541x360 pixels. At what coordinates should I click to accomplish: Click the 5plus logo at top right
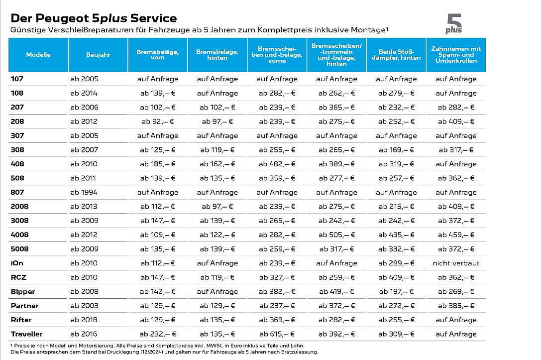tap(454, 24)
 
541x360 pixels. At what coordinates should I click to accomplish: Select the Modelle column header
tap(38, 55)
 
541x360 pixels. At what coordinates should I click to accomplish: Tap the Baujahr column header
tap(98, 55)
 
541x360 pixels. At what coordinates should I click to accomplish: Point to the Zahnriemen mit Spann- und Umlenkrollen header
tap(456, 55)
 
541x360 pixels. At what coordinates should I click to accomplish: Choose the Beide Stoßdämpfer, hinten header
tap(396, 55)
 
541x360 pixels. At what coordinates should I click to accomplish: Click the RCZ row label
tap(18, 277)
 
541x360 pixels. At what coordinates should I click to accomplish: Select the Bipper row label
tap(23, 292)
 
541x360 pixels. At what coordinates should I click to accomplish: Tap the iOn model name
tap(17, 263)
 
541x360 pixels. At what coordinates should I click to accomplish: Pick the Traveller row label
tap(26, 334)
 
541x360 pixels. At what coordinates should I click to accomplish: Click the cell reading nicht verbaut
tap(456, 263)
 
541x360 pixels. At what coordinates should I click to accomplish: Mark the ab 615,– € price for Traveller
tap(277, 334)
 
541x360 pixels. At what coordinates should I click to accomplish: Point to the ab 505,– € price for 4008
tap(336, 235)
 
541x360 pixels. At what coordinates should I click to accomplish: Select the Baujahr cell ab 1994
tap(84, 192)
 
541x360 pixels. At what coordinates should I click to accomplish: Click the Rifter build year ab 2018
tap(84, 320)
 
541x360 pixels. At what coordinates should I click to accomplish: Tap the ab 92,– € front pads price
tap(157, 121)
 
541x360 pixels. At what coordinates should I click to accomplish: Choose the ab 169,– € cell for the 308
tap(396, 150)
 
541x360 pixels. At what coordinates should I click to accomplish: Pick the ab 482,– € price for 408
tap(277, 164)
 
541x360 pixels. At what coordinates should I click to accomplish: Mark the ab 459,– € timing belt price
tap(456, 235)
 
